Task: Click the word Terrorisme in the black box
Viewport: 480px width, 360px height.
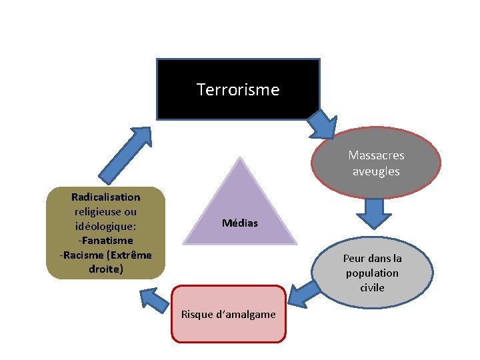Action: [238, 89]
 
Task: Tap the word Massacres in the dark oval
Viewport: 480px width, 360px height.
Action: [376, 155]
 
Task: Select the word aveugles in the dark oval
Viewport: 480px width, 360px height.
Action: [376, 171]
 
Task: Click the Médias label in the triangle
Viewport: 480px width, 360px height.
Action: [239, 223]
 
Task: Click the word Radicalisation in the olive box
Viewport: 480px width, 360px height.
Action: [105, 197]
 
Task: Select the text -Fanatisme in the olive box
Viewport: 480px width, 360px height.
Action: [105, 240]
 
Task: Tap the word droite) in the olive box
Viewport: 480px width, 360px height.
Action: [105, 269]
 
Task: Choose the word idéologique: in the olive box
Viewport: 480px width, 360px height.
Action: [105, 226]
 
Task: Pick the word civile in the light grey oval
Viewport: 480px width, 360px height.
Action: [372, 287]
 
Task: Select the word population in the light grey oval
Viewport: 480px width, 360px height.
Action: [372, 273]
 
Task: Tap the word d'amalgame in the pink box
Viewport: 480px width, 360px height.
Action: [251, 314]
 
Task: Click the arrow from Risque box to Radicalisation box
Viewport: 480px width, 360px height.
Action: [155, 298]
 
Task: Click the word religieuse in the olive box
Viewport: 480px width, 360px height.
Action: [105, 211]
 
